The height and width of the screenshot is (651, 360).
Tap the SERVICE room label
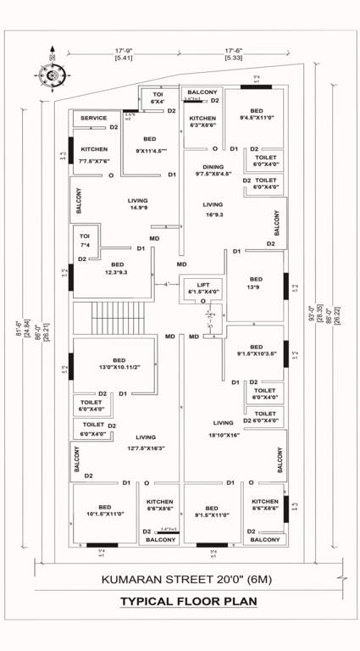tap(93, 119)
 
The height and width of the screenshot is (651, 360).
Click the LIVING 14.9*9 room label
tap(137, 204)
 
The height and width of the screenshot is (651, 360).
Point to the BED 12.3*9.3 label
tap(117, 268)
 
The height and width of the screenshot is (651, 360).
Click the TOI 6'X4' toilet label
tap(157, 98)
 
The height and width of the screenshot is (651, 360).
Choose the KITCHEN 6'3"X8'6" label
tap(202, 123)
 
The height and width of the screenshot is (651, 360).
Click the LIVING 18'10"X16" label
tap(224, 427)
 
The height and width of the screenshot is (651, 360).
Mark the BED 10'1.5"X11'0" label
tap(104, 509)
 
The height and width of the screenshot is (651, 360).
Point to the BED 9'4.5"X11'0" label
tap(256, 115)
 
